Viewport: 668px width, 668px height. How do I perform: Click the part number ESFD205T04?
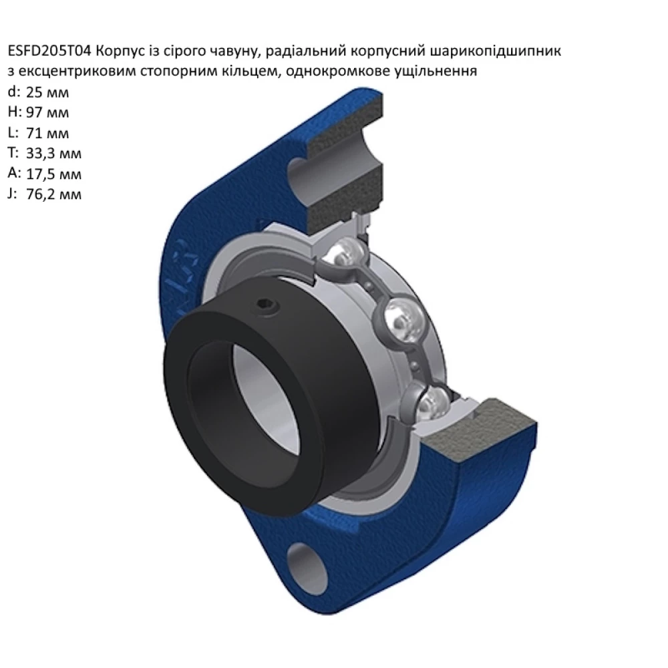49,51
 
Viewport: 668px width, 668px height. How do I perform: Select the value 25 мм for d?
47,92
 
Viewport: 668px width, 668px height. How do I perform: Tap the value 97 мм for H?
47,112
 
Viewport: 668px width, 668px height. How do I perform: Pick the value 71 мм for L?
47,134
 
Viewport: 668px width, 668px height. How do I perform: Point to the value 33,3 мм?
53,154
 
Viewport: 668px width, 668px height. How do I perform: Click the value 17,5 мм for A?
53,174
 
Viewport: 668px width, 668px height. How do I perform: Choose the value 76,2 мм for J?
53,194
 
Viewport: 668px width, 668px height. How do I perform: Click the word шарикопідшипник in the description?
496,52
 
